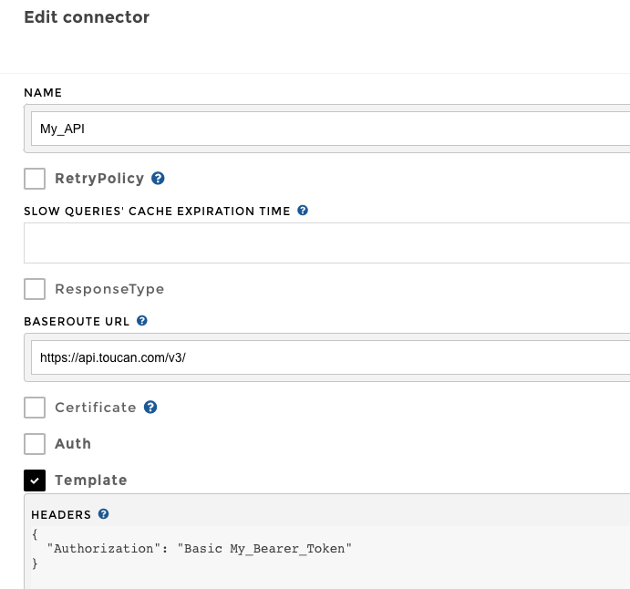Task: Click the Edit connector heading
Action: (x=87, y=17)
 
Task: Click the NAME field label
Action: (x=42, y=92)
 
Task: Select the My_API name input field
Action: (x=328, y=129)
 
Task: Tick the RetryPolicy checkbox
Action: (x=35, y=179)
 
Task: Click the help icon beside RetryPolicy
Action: (x=158, y=179)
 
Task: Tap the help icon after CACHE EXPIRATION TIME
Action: (x=303, y=211)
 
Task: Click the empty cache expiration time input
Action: (x=328, y=243)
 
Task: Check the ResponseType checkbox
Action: (x=35, y=289)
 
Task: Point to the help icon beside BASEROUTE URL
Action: (x=142, y=321)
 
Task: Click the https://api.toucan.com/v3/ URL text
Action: (x=113, y=357)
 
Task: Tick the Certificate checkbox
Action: (x=35, y=408)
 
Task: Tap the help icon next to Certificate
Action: (x=150, y=408)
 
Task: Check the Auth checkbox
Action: (x=35, y=444)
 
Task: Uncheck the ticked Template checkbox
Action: (x=35, y=480)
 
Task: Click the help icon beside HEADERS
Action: (x=104, y=514)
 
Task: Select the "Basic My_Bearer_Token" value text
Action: (x=264, y=548)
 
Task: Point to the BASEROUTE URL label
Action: (x=77, y=321)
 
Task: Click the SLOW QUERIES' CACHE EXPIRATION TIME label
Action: (x=157, y=211)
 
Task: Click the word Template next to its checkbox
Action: (x=90, y=480)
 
